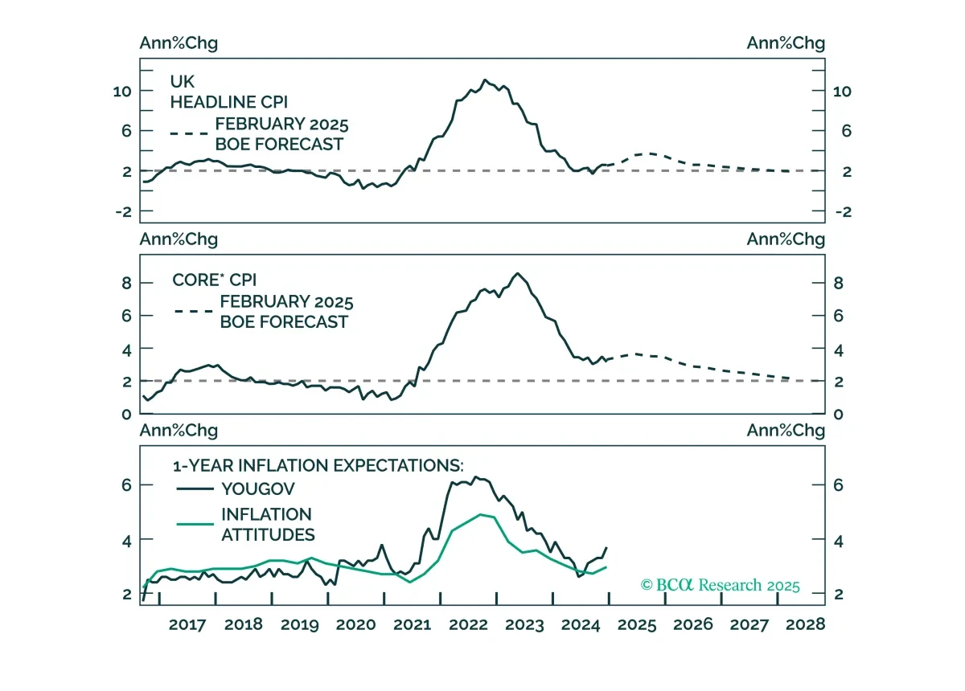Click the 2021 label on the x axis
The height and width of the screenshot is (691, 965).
(x=413, y=624)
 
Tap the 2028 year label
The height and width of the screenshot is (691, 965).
(x=805, y=624)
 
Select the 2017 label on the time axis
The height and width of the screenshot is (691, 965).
(x=187, y=624)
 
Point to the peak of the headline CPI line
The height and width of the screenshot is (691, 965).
(x=485, y=80)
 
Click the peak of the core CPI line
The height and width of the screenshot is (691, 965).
(x=518, y=273)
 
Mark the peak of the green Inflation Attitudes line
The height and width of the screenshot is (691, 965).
(x=481, y=514)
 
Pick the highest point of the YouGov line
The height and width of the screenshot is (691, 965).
(x=475, y=477)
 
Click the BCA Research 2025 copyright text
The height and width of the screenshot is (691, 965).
(x=720, y=585)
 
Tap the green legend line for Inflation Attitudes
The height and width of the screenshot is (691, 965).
(x=195, y=524)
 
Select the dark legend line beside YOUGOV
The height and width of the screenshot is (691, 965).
(x=195, y=489)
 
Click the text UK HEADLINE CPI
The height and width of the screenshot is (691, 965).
(x=228, y=92)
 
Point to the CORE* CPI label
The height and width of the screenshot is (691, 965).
(x=214, y=280)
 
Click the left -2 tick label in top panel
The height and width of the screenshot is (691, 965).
(x=123, y=212)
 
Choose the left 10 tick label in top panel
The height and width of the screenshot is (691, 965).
(x=122, y=92)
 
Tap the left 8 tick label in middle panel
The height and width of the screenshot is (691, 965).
(x=126, y=284)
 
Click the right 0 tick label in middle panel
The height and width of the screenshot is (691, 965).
(x=838, y=414)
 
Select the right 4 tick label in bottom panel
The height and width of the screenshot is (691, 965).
(x=838, y=541)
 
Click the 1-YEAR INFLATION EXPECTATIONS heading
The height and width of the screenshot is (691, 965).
(x=318, y=466)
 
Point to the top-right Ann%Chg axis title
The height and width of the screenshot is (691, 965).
(x=786, y=43)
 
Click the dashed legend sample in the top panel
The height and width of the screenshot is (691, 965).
(x=189, y=133)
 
